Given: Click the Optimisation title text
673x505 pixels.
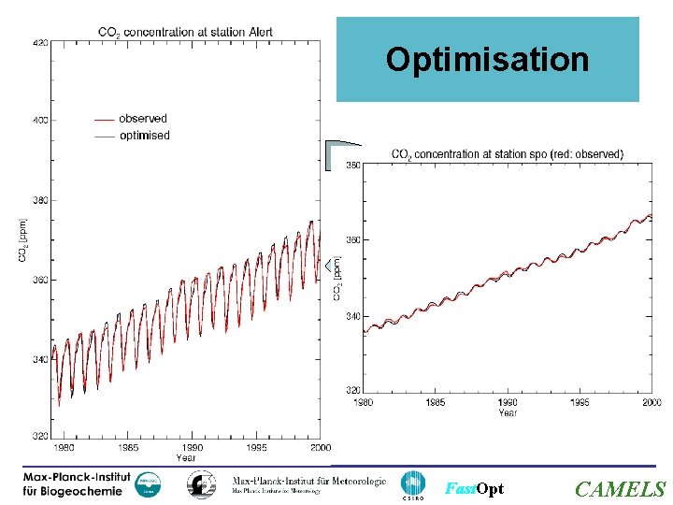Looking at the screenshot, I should point(487,60).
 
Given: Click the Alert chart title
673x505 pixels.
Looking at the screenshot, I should point(186,32).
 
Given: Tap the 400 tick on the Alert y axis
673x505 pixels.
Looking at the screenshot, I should point(41,121).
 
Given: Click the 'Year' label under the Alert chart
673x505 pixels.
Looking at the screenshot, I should point(186,458).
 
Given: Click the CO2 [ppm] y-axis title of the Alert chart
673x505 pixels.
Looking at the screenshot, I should point(23,239).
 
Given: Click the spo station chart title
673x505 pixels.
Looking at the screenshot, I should point(508,154).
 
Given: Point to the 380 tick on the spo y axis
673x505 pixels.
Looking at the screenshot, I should point(354,166).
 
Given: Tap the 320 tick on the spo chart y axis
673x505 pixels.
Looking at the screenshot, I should point(354,390).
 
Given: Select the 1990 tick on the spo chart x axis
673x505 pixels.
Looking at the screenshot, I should point(508,402).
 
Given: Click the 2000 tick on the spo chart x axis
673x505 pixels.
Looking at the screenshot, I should point(652,402).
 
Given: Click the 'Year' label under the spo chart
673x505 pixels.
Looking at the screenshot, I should point(508,412).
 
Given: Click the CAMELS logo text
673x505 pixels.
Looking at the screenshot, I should point(620,489).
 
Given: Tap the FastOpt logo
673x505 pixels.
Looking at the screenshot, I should point(474,489).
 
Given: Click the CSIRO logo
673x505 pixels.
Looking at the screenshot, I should point(412,485).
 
